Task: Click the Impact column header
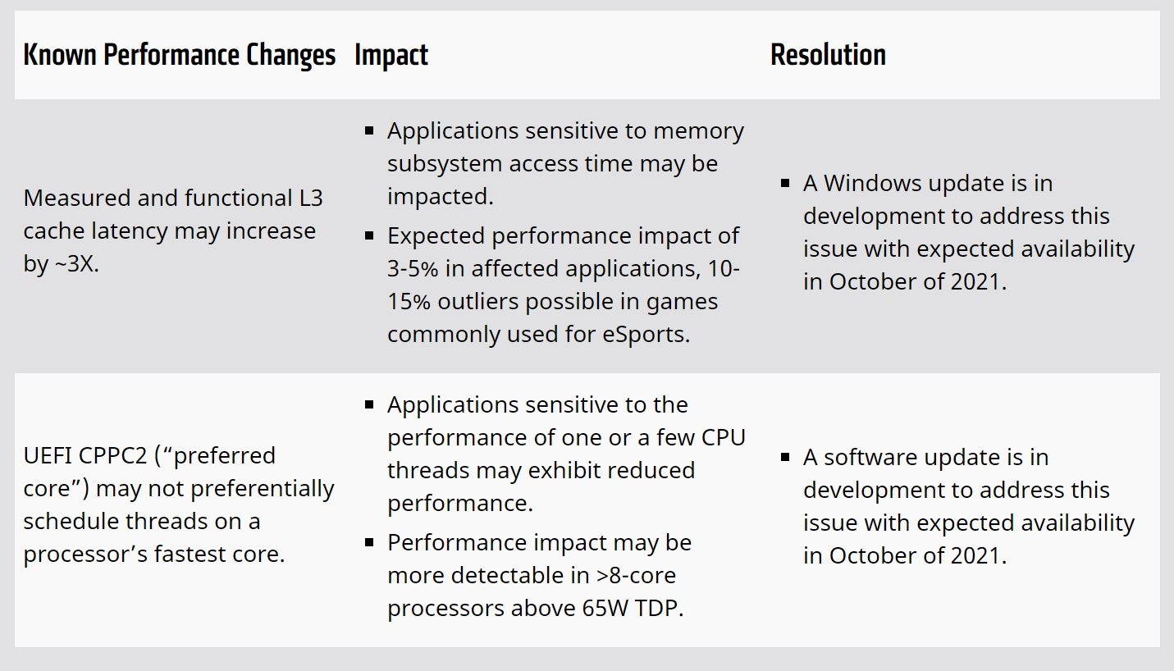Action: coord(391,56)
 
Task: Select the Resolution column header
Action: coord(828,56)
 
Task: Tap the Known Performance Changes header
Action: coord(180,56)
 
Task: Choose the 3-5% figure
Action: coord(417,269)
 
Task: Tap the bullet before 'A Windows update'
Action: coord(785,183)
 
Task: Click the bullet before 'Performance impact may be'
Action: coord(369,542)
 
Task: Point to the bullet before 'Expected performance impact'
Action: coord(369,235)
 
